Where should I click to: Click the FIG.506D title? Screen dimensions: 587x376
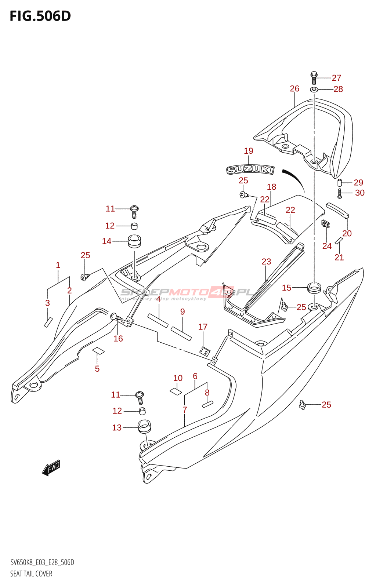tap(40, 16)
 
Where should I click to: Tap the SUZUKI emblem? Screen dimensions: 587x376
tap(250, 169)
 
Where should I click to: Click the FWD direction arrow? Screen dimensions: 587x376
tap(51, 468)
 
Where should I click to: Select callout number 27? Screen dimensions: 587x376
tap(336, 78)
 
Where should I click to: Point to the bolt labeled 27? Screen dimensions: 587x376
tap(314, 78)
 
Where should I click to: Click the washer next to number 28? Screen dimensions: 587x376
tap(314, 89)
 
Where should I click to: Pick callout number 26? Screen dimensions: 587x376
tap(294, 89)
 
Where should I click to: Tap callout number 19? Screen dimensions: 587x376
tap(249, 151)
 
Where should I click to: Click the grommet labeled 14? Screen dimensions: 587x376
tap(134, 241)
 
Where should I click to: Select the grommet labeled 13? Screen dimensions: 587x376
tap(145, 427)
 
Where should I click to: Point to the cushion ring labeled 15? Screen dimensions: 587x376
tap(314, 287)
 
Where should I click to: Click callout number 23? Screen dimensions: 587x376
tap(266, 262)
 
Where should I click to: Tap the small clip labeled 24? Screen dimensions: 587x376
tap(325, 223)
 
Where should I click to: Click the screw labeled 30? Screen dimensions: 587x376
tap(340, 193)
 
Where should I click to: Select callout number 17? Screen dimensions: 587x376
tap(203, 327)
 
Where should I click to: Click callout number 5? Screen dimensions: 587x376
tap(97, 369)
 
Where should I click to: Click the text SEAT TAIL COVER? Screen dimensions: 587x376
tap(31, 574)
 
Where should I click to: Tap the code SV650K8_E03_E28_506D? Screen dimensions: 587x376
tap(42, 562)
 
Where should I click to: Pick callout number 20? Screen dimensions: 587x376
tap(347, 233)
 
